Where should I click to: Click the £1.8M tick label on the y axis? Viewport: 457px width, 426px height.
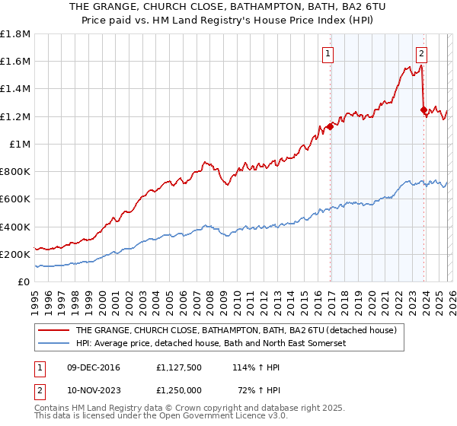pyautogui.click(x=15, y=34)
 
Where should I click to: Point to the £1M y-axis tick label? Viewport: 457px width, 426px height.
pyautogui.click(x=20, y=144)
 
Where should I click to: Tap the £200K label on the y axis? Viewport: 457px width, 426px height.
pyautogui.click(x=15, y=254)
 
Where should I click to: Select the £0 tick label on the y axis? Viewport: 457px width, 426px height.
pyautogui.click(x=25, y=281)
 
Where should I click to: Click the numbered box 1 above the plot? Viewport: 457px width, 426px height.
pyautogui.click(x=328, y=53)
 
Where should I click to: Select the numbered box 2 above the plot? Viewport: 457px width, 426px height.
pyautogui.click(x=421, y=53)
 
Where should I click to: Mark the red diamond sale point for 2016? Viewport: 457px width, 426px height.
pyautogui.click(x=330, y=126)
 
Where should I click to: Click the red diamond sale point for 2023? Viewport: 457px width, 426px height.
pyautogui.click(x=423, y=110)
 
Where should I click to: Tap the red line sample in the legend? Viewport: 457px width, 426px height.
pyautogui.click(x=53, y=331)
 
